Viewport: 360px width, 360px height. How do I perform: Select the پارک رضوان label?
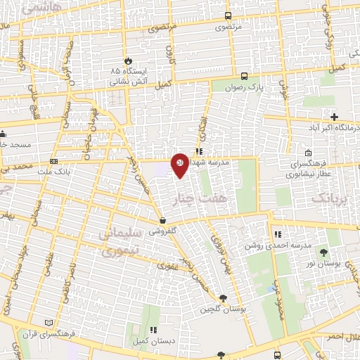click(x=244, y=88)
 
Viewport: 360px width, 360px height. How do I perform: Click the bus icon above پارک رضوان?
click(x=244, y=76)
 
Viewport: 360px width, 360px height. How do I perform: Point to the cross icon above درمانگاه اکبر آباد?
click(x=334, y=116)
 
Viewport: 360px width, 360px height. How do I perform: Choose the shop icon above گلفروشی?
click(x=162, y=220)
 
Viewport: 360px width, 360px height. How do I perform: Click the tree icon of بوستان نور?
click(x=324, y=251)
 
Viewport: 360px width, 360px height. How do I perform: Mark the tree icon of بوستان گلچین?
click(x=223, y=298)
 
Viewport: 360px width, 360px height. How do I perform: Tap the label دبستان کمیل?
click(x=153, y=341)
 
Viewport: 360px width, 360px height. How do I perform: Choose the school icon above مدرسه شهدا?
click(x=200, y=150)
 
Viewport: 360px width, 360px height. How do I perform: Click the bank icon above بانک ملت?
click(x=54, y=161)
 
